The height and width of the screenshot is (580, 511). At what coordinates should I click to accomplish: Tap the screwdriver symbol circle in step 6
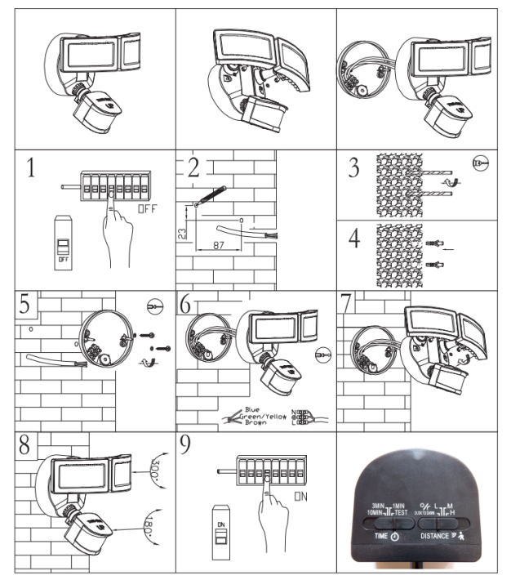(325, 355)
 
